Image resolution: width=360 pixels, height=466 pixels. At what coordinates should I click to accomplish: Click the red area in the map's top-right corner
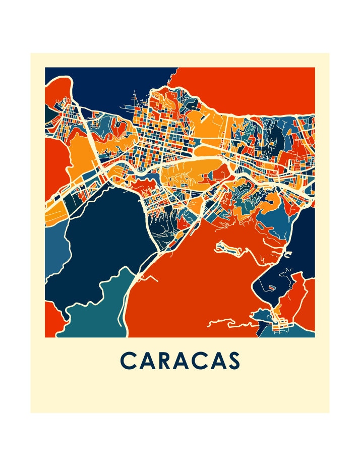(252, 86)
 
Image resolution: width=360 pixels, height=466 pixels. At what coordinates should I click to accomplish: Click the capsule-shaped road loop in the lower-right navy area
(271, 287)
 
